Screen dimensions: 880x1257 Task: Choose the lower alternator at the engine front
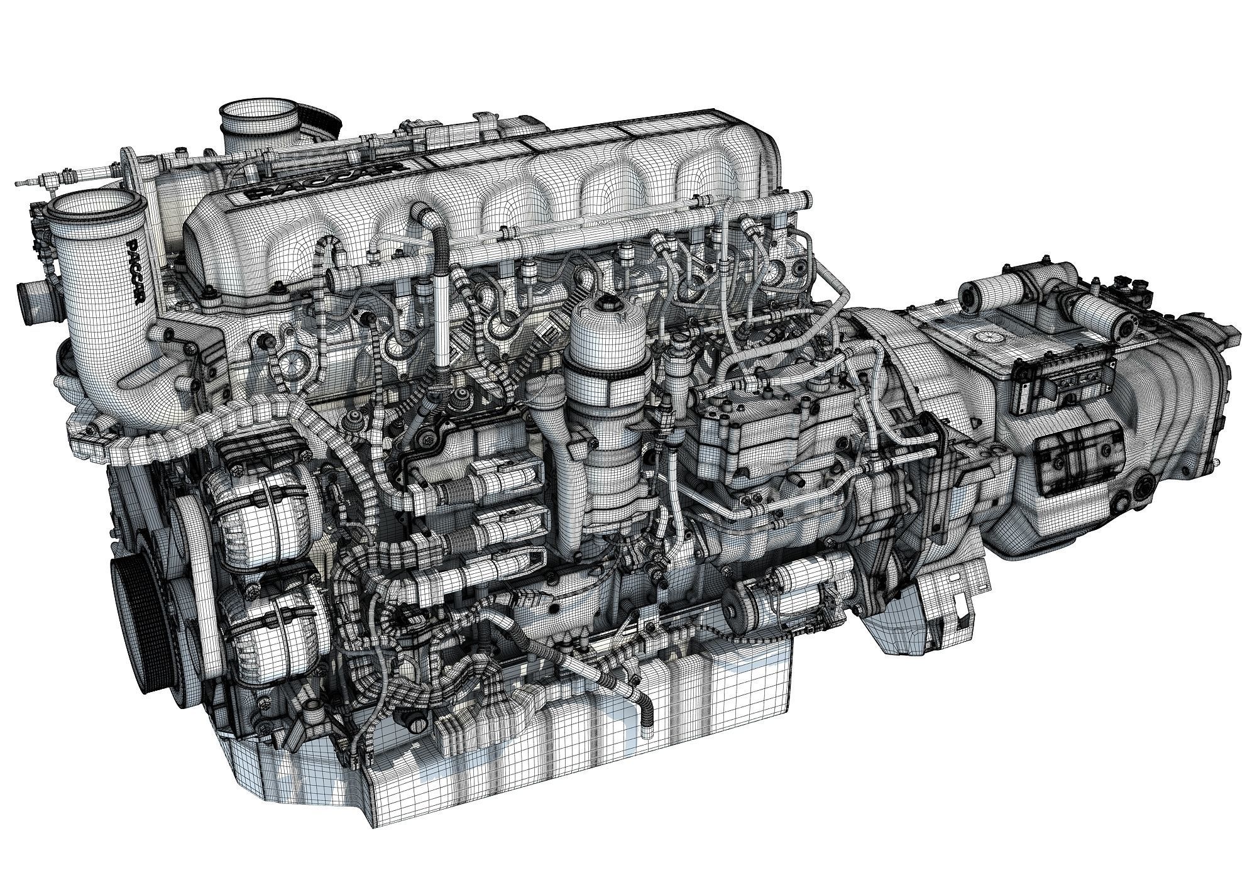[270, 635]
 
